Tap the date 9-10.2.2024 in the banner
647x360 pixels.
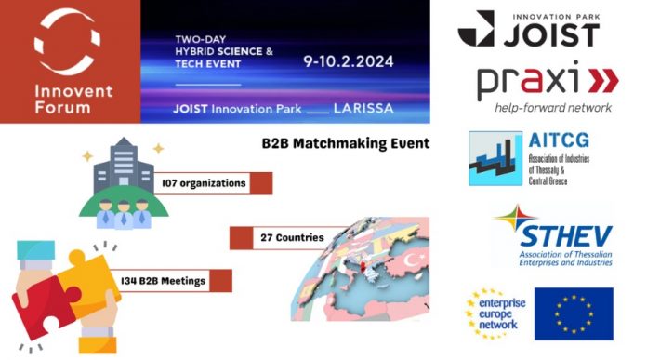click(348, 61)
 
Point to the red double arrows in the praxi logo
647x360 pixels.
click(602, 82)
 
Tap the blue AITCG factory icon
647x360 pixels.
click(495, 158)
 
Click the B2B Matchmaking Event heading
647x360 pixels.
click(345, 143)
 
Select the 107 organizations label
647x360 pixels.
click(202, 183)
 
